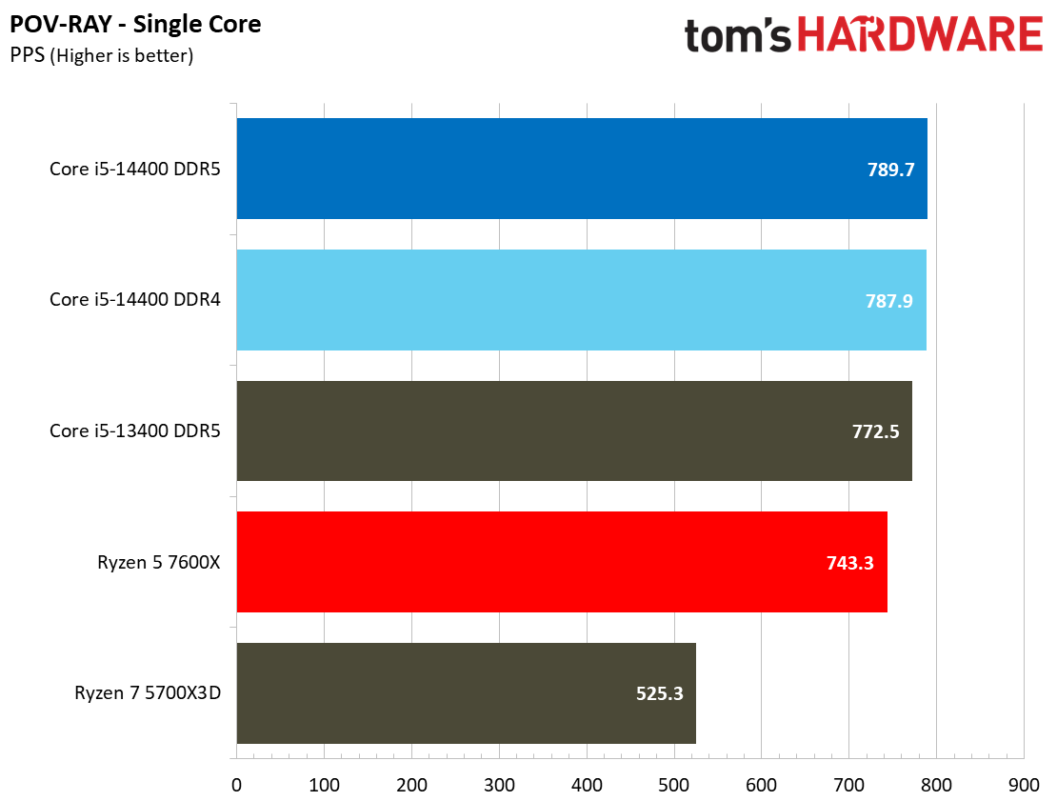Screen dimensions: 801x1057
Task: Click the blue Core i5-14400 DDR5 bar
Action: coord(581,169)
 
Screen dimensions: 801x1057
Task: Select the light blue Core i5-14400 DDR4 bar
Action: coord(581,300)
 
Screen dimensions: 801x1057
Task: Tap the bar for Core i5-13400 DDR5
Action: coord(573,431)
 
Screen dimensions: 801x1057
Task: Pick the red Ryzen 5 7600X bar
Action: coord(561,562)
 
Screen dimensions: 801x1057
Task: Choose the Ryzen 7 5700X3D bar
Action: coord(466,693)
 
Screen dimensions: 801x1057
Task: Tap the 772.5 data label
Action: coord(876,432)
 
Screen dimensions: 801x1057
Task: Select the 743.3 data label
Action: coord(849,564)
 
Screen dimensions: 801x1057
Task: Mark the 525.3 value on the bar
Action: coord(659,694)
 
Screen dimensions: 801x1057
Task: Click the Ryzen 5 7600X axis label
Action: coord(159,562)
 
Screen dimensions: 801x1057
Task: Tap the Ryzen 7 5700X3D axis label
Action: coord(148,693)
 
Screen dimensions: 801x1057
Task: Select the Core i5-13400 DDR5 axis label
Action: coord(135,431)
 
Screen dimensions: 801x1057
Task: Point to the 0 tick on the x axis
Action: coord(236,785)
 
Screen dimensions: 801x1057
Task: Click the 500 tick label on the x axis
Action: coord(674,785)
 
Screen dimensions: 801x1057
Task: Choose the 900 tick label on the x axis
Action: coord(1024,785)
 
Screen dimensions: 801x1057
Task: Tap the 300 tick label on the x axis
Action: coord(499,785)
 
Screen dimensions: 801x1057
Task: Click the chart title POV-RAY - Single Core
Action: coord(135,24)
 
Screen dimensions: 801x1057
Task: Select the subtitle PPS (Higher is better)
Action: coord(102,55)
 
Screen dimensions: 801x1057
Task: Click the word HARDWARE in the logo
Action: coord(920,35)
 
